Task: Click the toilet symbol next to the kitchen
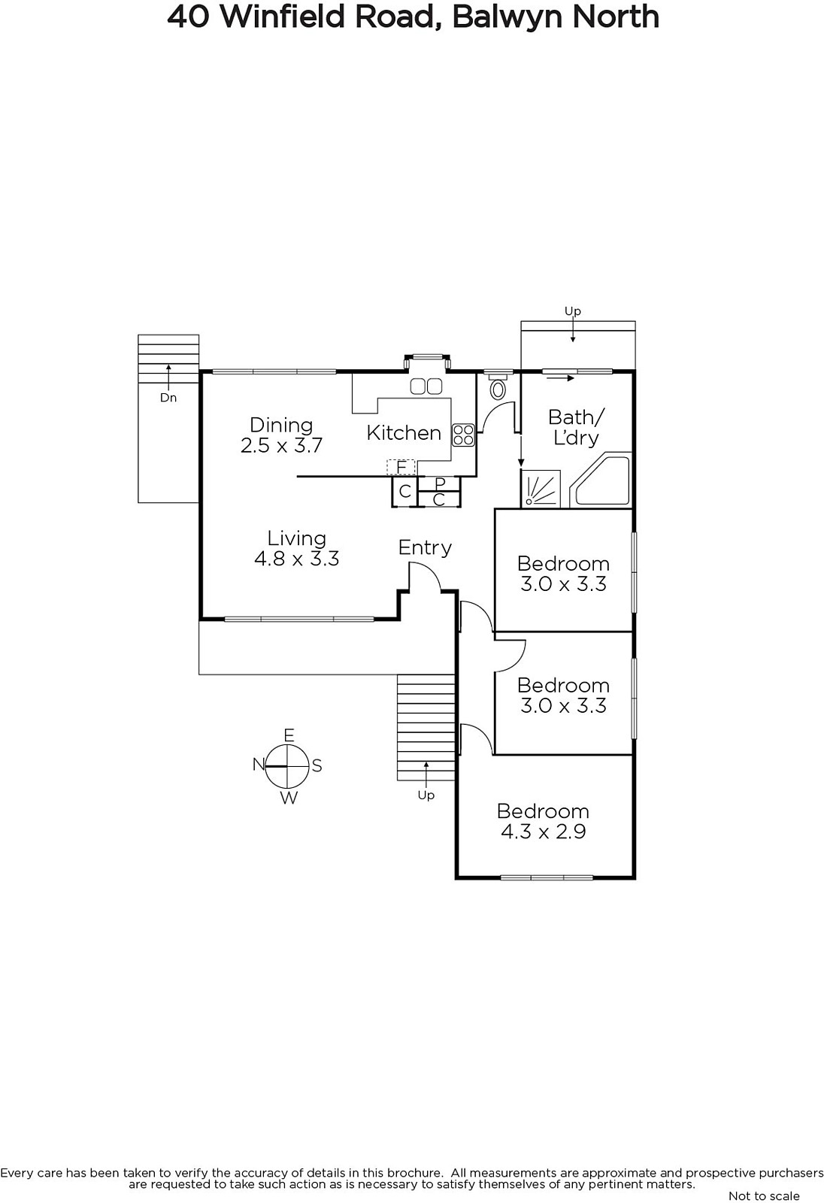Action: pos(498,387)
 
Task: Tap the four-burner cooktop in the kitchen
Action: pos(463,435)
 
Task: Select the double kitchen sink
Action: pos(426,386)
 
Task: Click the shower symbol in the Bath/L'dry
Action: pos(541,489)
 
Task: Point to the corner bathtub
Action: pos(601,480)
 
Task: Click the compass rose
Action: pos(288,766)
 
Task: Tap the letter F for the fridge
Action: pos(401,468)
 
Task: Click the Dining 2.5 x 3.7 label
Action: pos(281,435)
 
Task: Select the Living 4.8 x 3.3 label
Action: pos(296,548)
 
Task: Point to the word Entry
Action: pos(425,548)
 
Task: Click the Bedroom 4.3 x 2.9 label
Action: pos(543,821)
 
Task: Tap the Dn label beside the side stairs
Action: pos(168,398)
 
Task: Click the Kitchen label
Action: pos(404,433)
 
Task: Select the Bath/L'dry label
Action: pos(577,428)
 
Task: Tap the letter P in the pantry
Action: pos(439,483)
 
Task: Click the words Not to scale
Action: pos(764,1195)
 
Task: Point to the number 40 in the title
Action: pos(188,17)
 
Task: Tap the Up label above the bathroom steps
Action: pos(573,311)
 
